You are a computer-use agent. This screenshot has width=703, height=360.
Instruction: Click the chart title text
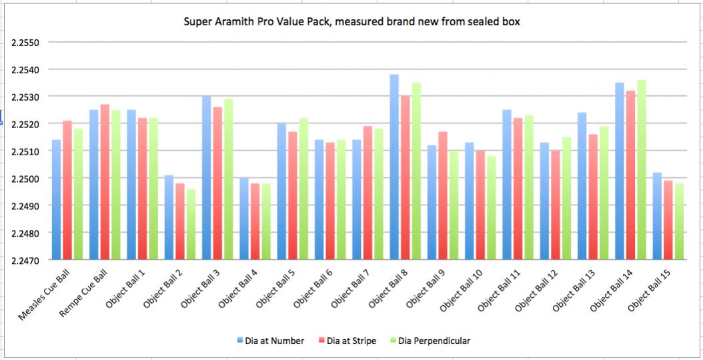coord(352,22)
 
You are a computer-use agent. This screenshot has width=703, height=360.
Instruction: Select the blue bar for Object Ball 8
coord(394,167)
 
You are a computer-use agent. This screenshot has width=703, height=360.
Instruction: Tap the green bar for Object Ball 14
coord(642,169)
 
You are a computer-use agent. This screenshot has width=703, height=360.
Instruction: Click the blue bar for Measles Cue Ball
coord(57,199)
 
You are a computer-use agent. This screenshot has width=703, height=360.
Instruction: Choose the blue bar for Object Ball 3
coord(207,177)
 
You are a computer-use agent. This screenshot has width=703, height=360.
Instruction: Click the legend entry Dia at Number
coord(271,341)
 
